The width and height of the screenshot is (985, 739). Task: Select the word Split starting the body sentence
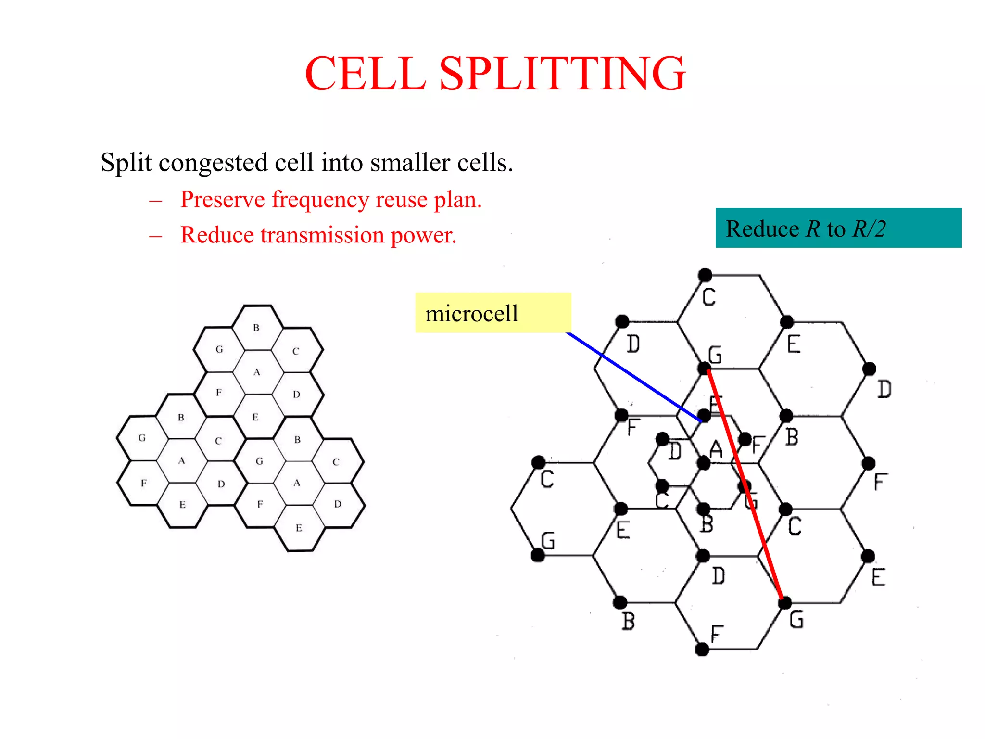point(126,163)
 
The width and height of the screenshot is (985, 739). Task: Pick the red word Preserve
point(222,200)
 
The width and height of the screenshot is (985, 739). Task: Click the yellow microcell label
point(492,313)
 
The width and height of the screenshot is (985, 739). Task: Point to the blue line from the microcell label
point(635,378)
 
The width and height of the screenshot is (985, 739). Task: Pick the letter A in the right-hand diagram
point(716,449)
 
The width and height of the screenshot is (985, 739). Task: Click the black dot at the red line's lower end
point(785,602)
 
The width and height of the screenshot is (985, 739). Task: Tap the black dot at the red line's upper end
point(704,369)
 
